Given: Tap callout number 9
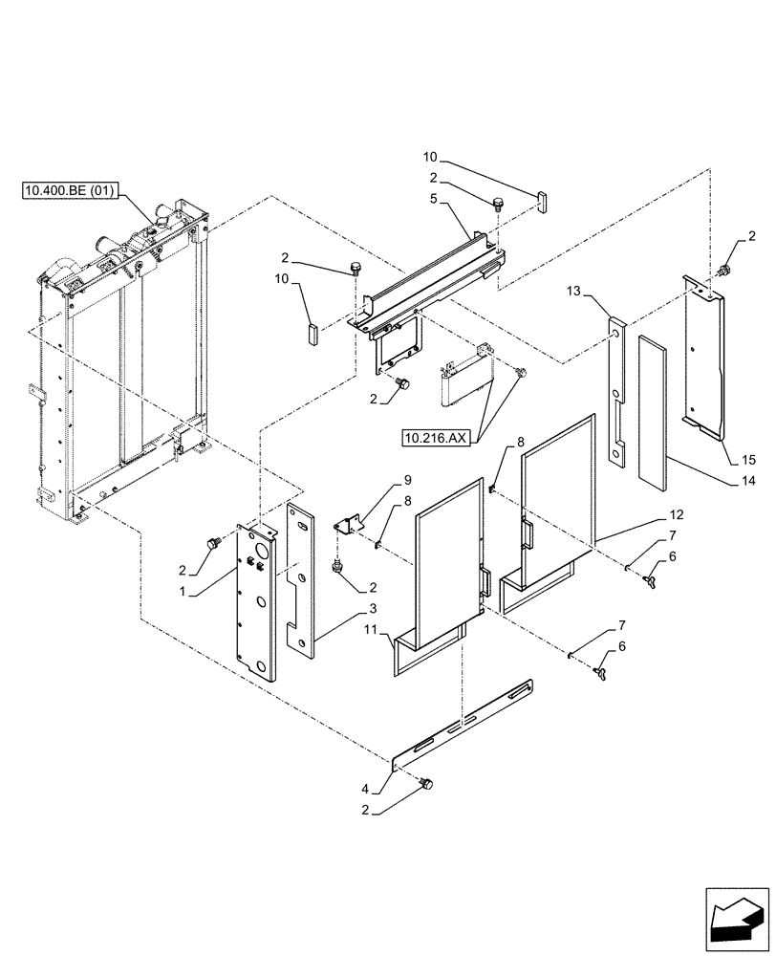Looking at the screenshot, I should pyautogui.click(x=379, y=479).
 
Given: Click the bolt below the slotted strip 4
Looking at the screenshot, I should pyautogui.click(x=426, y=784).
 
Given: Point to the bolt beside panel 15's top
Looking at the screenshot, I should pyautogui.click(x=725, y=271).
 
